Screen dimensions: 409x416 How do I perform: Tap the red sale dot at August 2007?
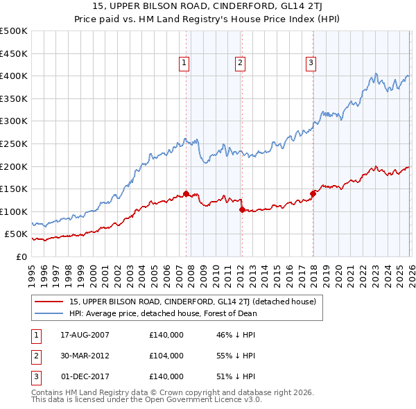click(186, 193)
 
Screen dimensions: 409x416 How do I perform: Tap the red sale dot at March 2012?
click(242, 209)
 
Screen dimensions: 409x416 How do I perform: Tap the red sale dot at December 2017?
click(313, 193)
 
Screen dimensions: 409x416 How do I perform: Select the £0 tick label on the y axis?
click(20, 256)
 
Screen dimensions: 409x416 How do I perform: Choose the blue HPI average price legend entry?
click(163, 313)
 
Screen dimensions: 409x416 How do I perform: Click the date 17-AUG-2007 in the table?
click(85, 334)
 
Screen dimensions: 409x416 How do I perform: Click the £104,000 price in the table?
click(166, 356)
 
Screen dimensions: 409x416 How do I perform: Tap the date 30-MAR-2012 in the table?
click(85, 356)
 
